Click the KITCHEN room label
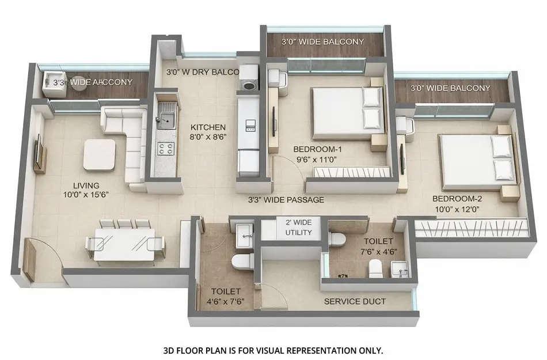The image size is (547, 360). (x=208, y=127)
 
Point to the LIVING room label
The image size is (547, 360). (x=86, y=185)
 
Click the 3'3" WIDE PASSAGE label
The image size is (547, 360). (x=286, y=200)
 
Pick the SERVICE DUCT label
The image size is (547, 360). (x=355, y=301)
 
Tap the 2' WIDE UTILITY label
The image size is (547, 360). (x=294, y=228)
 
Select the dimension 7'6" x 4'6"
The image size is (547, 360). (x=378, y=251)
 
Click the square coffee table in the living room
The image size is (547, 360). (x=99, y=154)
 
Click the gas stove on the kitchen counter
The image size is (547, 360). (x=166, y=149)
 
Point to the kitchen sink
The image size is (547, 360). (x=167, y=119)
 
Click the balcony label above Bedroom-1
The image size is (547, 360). (x=322, y=41)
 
